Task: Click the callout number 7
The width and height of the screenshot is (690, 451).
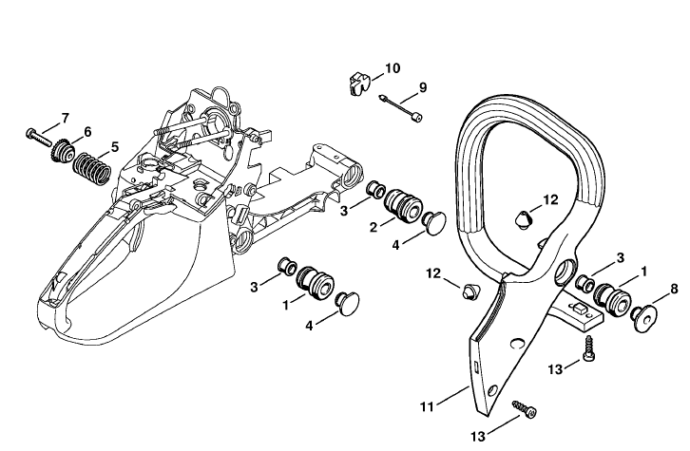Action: pos(66,119)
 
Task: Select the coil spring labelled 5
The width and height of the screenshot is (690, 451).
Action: pos(91,169)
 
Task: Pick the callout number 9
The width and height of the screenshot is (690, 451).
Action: pos(423,87)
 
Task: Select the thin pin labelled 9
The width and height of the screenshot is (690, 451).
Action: pos(401,107)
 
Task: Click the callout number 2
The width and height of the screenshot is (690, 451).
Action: pos(374,227)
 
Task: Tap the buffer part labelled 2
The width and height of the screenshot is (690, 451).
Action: pos(403,205)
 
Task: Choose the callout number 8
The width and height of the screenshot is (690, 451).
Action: pos(674,290)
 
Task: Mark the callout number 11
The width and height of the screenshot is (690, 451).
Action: pos(427,407)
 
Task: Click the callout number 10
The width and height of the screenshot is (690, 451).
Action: pos(393,68)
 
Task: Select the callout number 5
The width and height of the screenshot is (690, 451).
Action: pos(115,147)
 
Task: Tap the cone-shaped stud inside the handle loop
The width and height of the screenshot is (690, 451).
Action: pos(523,218)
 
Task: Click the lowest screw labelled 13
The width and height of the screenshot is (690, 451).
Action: pos(525,409)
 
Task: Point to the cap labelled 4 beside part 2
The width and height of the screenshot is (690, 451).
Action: pos(433,224)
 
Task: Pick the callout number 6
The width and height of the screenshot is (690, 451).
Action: pos(87,132)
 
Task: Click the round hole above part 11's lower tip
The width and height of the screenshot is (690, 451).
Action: pos(492,391)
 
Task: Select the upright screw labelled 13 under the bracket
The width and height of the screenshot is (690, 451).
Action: pos(589,349)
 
